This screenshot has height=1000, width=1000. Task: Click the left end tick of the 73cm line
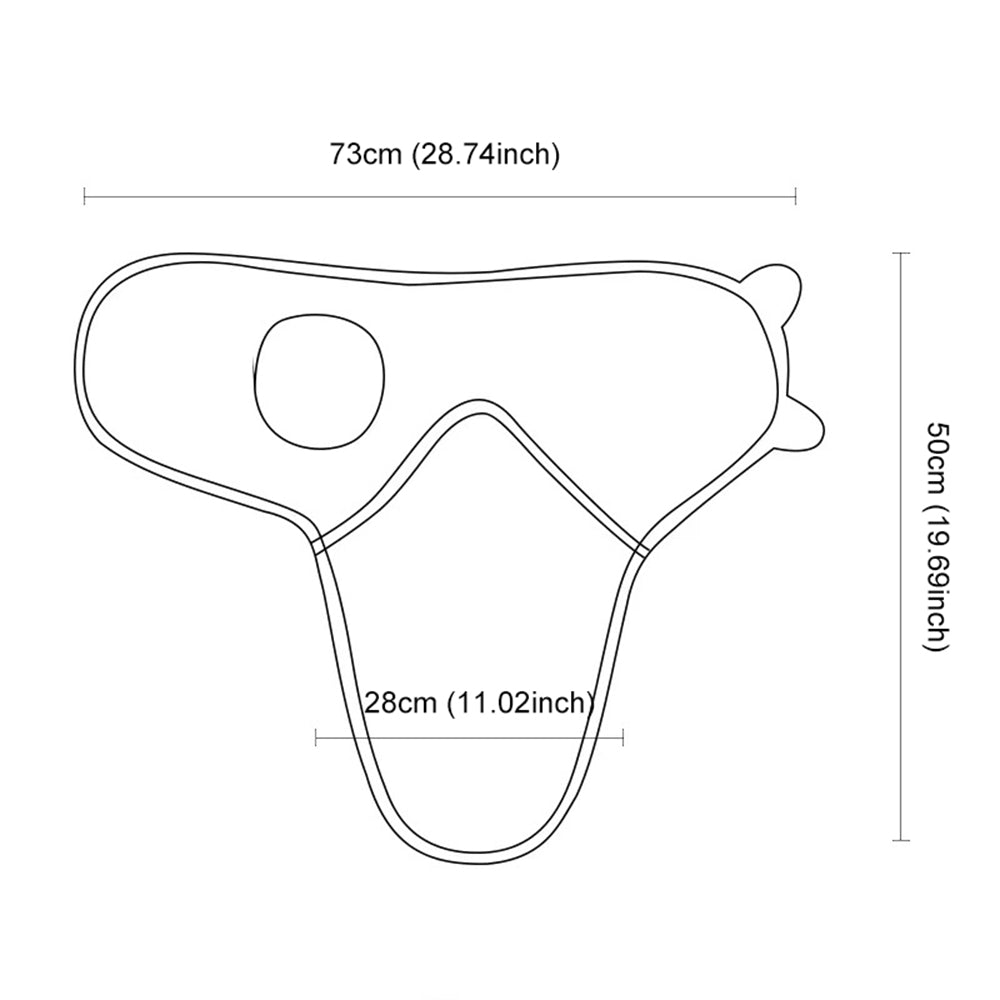84,196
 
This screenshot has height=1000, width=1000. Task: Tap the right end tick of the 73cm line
795,196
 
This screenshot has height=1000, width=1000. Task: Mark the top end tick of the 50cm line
900,253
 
